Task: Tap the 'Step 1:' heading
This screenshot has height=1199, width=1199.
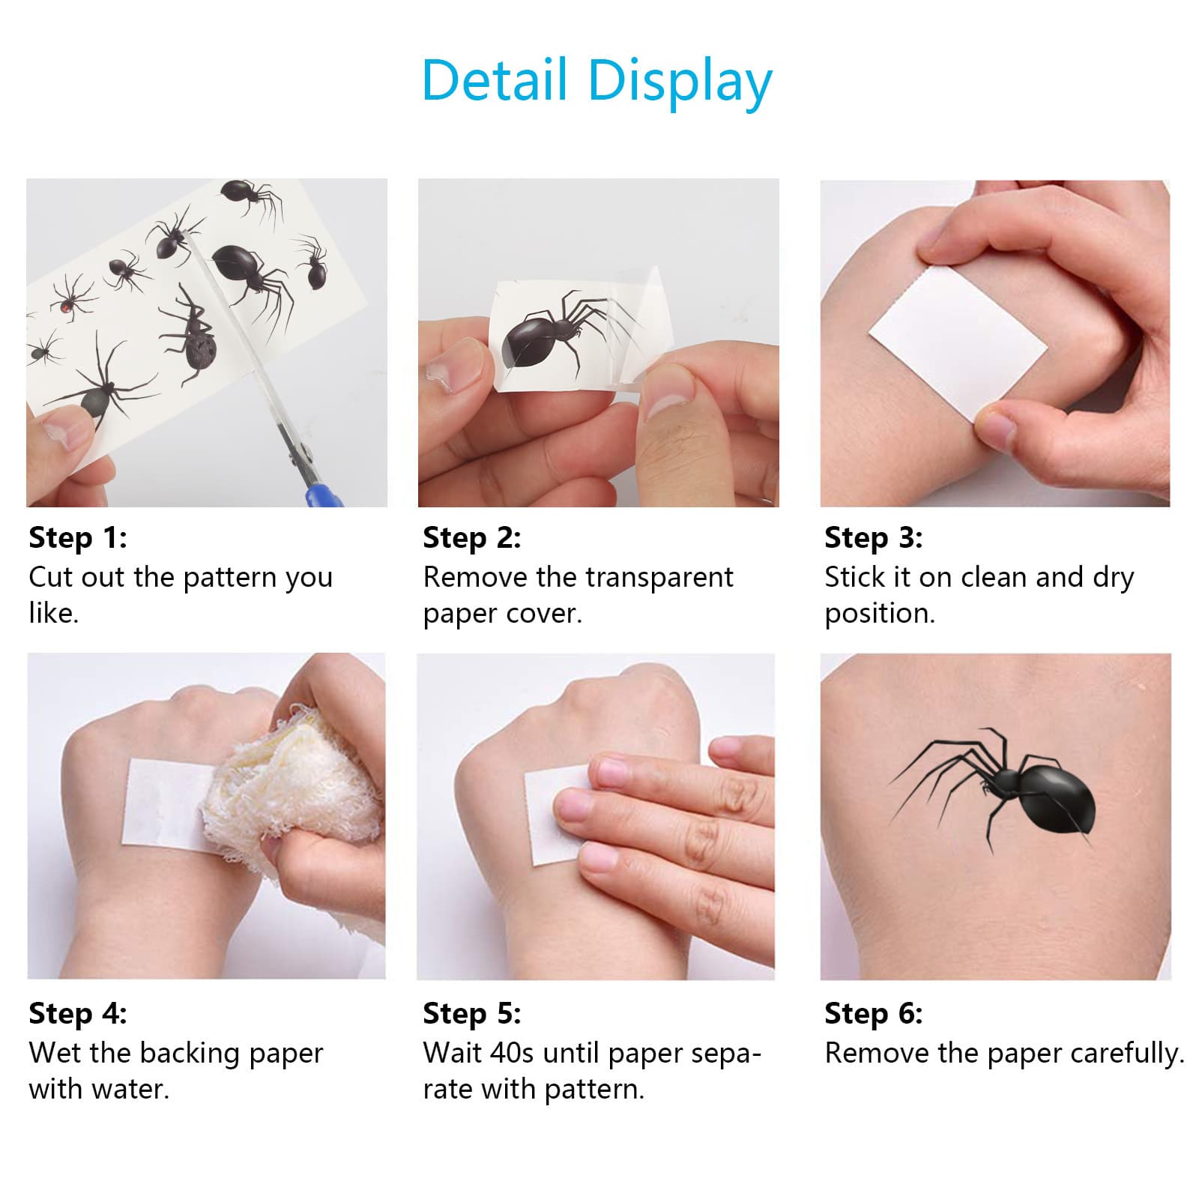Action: pos(78,537)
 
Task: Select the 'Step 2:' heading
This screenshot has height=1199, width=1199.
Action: pos(471,537)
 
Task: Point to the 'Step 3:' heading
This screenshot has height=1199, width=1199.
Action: pos(874,537)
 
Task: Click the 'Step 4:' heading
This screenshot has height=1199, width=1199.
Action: pos(78,1013)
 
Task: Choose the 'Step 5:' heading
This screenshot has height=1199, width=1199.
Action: pos(471,1013)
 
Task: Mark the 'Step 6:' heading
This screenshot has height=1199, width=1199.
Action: pos(874,1013)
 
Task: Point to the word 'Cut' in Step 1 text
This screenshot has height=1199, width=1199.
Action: pos(51,578)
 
